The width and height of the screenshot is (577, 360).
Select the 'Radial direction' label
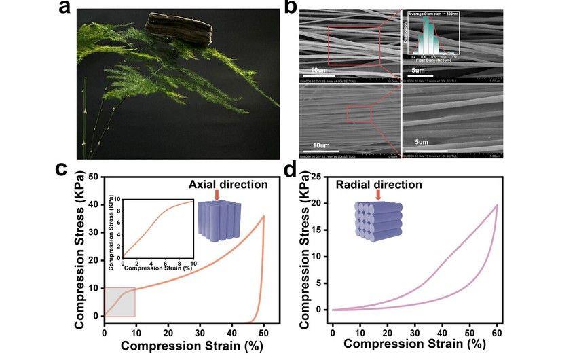pyautogui.click(x=379, y=185)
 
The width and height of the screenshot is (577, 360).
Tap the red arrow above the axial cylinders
pyautogui.click(x=217, y=196)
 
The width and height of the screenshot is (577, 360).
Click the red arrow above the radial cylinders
pyautogui.click(x=377, y=196)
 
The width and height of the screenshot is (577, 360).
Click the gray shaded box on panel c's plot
pyautogui.click(x=119, y=302)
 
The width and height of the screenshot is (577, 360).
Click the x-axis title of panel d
pyautogui.click(x=414, y=344)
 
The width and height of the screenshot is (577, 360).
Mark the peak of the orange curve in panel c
pyautogui.click(x=263, y=217)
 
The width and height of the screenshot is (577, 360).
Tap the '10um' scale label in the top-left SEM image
pyautogui.click(x=320, y=70)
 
